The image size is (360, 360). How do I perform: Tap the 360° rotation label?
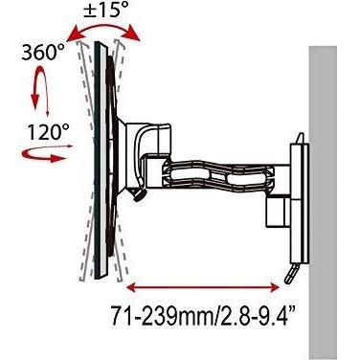coord(43,53)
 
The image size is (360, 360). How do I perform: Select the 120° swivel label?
coord(48,132)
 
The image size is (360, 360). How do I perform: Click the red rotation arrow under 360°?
coord(40,86)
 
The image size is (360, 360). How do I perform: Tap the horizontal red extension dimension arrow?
coord(203,288)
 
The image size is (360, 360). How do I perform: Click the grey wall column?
coord(323,203)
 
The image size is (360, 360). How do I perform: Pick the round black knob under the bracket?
coord(140,194)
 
